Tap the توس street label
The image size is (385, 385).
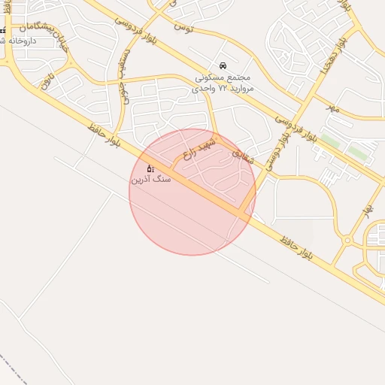pyautogui.click(x=183, y=29)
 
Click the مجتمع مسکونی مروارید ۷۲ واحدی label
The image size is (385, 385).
pyautogui.click(x=226, y=83)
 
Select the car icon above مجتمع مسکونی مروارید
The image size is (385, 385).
pyautogui.click(x=223, y=65)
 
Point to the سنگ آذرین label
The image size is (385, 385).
pyautogui.click(x=151, y=180)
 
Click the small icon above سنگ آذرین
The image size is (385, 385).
pyautogui.click(x=150, y=168)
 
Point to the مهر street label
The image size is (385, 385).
pyautogui.click(x=333, y=110)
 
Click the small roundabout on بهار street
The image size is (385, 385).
pyautogui.click(x=347, y=241)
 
